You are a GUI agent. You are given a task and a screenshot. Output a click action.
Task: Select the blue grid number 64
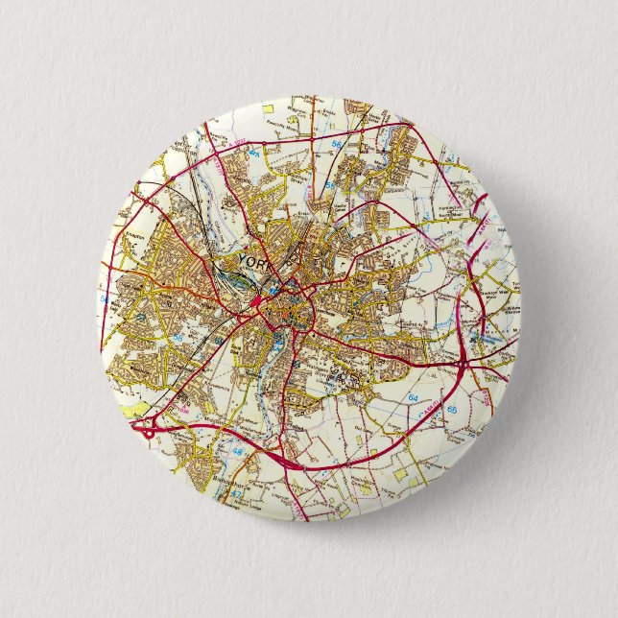414,395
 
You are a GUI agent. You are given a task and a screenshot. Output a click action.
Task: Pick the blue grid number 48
237,449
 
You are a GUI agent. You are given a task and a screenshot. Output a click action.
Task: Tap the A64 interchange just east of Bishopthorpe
288,462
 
